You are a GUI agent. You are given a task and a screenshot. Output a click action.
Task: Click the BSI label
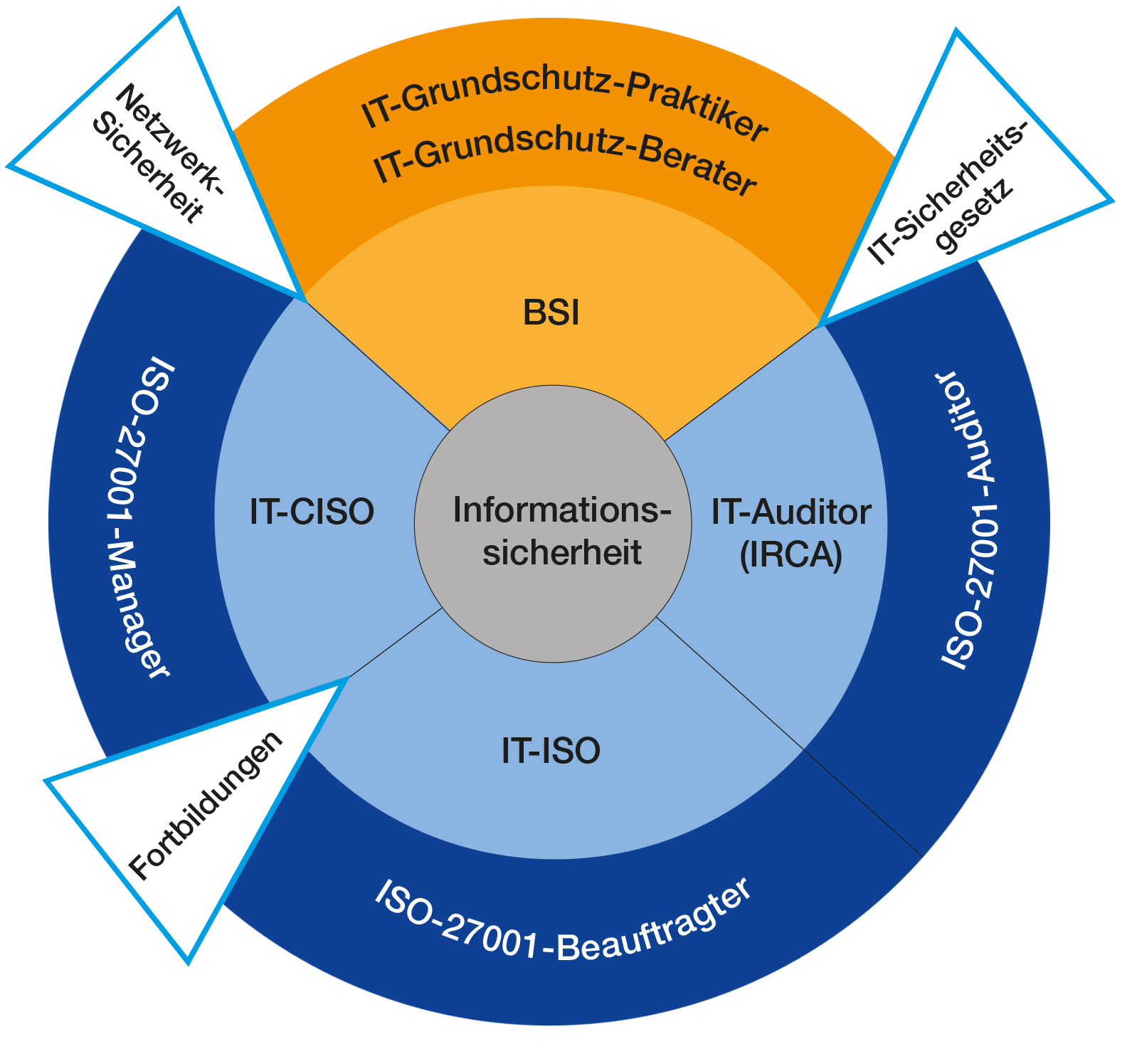point(551,312)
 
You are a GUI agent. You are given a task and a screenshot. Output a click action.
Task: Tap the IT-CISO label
point(312,512)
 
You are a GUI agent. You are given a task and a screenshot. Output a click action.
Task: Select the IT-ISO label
point(551,751)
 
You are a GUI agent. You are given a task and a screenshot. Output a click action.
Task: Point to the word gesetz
point(975,216)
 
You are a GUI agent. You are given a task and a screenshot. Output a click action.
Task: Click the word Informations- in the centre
point(562,510)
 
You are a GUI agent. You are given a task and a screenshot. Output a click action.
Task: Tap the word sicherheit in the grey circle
point(562,552)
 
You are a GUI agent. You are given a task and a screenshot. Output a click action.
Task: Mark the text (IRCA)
point(791,555)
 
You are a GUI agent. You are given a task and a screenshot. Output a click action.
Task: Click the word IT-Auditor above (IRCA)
point(791,512)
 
